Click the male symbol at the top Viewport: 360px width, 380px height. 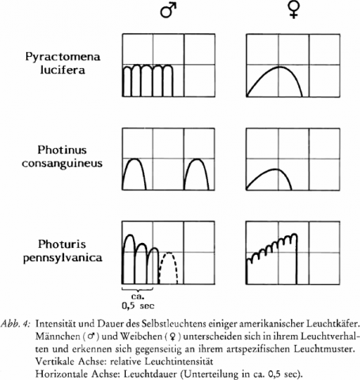coord(168,11)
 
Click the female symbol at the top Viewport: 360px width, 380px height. coord(294,11)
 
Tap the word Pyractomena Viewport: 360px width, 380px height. coord(63,57)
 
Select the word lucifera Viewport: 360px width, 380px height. coord(63,70)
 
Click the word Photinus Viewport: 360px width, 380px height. coord(62,150)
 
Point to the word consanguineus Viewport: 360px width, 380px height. coord(63,163)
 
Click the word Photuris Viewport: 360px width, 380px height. coord(62,244)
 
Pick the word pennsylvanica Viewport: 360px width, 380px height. coord(63,258)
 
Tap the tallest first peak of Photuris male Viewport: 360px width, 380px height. coord(129,235)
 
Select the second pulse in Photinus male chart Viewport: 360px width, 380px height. coord(197,159)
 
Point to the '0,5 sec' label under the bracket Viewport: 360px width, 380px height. coord(138,306)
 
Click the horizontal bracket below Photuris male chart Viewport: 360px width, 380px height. coord(138,291)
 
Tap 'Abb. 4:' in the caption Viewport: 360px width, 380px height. coord(17,324)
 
